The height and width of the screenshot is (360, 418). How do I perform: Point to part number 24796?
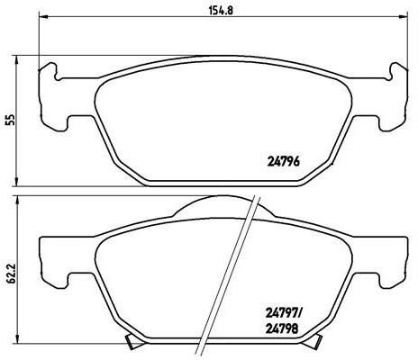coord(284,163)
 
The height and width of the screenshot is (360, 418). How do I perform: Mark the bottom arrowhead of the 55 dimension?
coord(20,184)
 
